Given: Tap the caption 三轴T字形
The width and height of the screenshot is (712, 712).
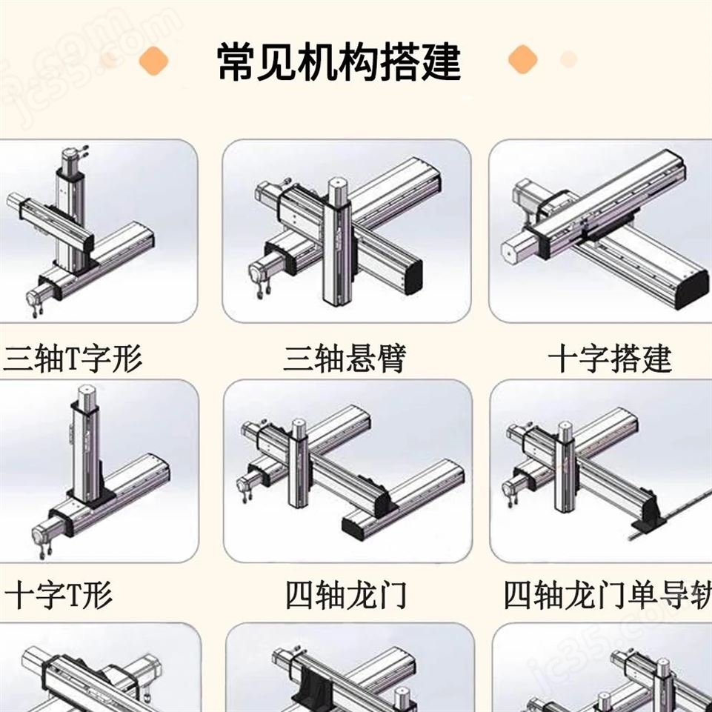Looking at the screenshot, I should coord(72,359).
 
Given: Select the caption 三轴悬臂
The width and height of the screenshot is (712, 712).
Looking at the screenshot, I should coord(345,359).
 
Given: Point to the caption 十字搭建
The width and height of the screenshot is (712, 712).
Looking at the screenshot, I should coord(609,359).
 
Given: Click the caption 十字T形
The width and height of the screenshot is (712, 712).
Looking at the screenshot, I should coord(59,595).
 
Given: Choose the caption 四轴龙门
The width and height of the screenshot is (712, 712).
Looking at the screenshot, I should coord(346,595).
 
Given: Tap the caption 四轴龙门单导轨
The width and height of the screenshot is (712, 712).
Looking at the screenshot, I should coord(608,595).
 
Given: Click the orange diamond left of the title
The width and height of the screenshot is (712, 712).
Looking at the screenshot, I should coord(153,60).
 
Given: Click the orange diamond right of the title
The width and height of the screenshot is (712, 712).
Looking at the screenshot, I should coord(522,59).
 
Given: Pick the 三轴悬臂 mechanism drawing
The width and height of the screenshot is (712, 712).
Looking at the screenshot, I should coord(346,231).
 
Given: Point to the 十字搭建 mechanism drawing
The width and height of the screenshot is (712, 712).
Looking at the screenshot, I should coord(600,231).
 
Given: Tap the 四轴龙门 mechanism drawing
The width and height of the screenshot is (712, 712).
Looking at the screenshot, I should coord(347,471).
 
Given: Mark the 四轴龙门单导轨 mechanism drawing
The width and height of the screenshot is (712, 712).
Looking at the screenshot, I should coord(600,471).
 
